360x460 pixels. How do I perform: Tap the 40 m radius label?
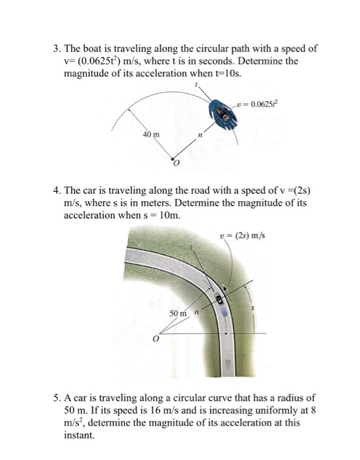click(x=151, y=135)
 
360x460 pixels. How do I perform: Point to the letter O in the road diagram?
click(x=155, y=340)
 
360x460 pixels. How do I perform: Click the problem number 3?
click(x=57, y=49)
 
